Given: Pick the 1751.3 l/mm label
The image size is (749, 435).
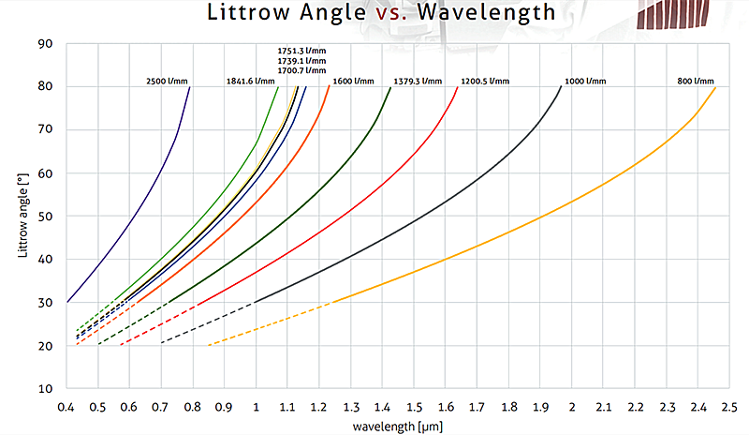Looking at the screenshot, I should [301, 50].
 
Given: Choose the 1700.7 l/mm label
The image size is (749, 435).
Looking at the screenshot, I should [301, 70].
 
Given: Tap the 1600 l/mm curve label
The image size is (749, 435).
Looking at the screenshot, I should [352, 82].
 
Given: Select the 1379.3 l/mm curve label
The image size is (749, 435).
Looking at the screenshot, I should [418, 82].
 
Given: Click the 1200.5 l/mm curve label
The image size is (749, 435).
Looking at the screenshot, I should [485, 82].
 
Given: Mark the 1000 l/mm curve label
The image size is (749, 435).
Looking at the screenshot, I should [587, 82].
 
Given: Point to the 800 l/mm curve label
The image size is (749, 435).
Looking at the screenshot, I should [696, 82].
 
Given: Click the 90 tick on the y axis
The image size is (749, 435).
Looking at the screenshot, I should [44, 43].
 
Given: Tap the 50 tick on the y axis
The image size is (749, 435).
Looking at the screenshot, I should [44, 216].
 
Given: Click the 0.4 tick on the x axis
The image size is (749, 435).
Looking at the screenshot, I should [66, 407].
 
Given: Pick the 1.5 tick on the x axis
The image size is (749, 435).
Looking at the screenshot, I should [414, 407].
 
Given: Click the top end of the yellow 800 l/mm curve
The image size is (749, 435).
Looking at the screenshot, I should [716, 87].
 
